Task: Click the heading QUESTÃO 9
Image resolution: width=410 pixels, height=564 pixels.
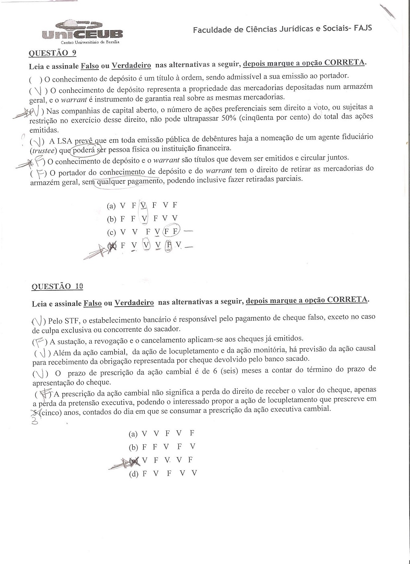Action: point(52,53)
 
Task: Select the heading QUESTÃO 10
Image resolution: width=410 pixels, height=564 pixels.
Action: point(57,286)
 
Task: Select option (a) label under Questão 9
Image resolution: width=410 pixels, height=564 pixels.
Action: point(111,206)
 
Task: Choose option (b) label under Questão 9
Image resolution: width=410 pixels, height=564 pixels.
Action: point(111,219)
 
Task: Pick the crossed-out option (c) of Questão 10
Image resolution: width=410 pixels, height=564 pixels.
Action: point(135,460)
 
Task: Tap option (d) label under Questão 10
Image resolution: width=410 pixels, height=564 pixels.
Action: point(133,474)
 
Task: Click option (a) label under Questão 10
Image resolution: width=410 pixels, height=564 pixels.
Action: point(133,434)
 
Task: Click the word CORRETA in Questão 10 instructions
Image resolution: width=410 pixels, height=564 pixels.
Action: point(346,300)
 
